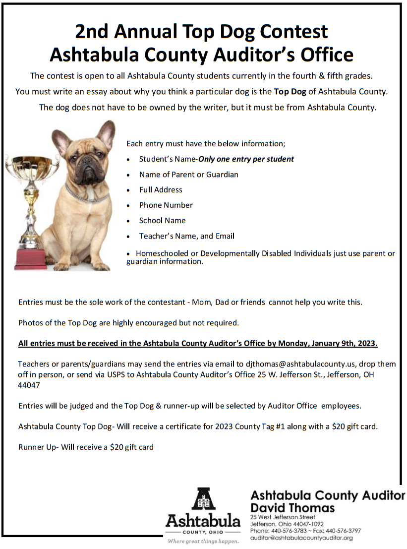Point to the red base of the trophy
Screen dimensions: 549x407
[x=31, y=259]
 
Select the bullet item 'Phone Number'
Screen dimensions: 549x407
[x=166, y=205]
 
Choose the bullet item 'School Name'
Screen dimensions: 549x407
[x=162, y=221]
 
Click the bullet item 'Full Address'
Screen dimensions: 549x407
[x=161, y=190]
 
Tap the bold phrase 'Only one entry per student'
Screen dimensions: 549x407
[x=246, y=159]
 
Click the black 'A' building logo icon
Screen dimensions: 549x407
[x=203, y=500]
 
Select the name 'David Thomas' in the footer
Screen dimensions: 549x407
[x=292, y=508]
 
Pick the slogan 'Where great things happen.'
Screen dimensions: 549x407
[x=202, y=541]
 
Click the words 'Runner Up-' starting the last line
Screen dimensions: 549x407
[x=39, y=447]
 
